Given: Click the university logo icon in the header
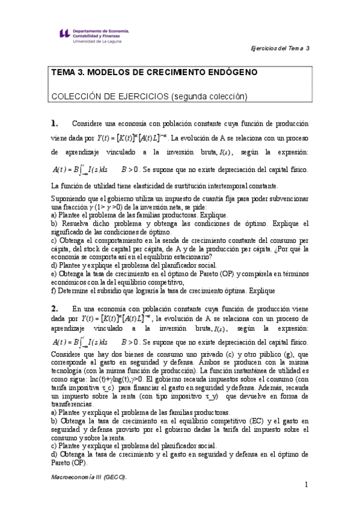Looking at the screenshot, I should point(61,35).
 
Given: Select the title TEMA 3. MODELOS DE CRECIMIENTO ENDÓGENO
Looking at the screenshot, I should point(154,72).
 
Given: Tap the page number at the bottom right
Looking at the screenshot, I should point(306,485).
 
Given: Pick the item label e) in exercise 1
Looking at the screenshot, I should point(54,274).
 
